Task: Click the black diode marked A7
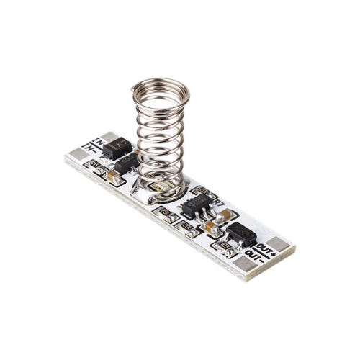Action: coord(120,149)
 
